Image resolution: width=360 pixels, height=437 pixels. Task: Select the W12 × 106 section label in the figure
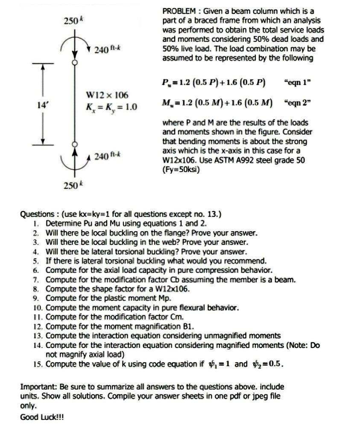107,94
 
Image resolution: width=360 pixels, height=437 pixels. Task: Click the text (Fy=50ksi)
181,169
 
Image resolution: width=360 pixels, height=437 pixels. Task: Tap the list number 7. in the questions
36,280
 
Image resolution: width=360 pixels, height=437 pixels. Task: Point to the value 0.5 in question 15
276,364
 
